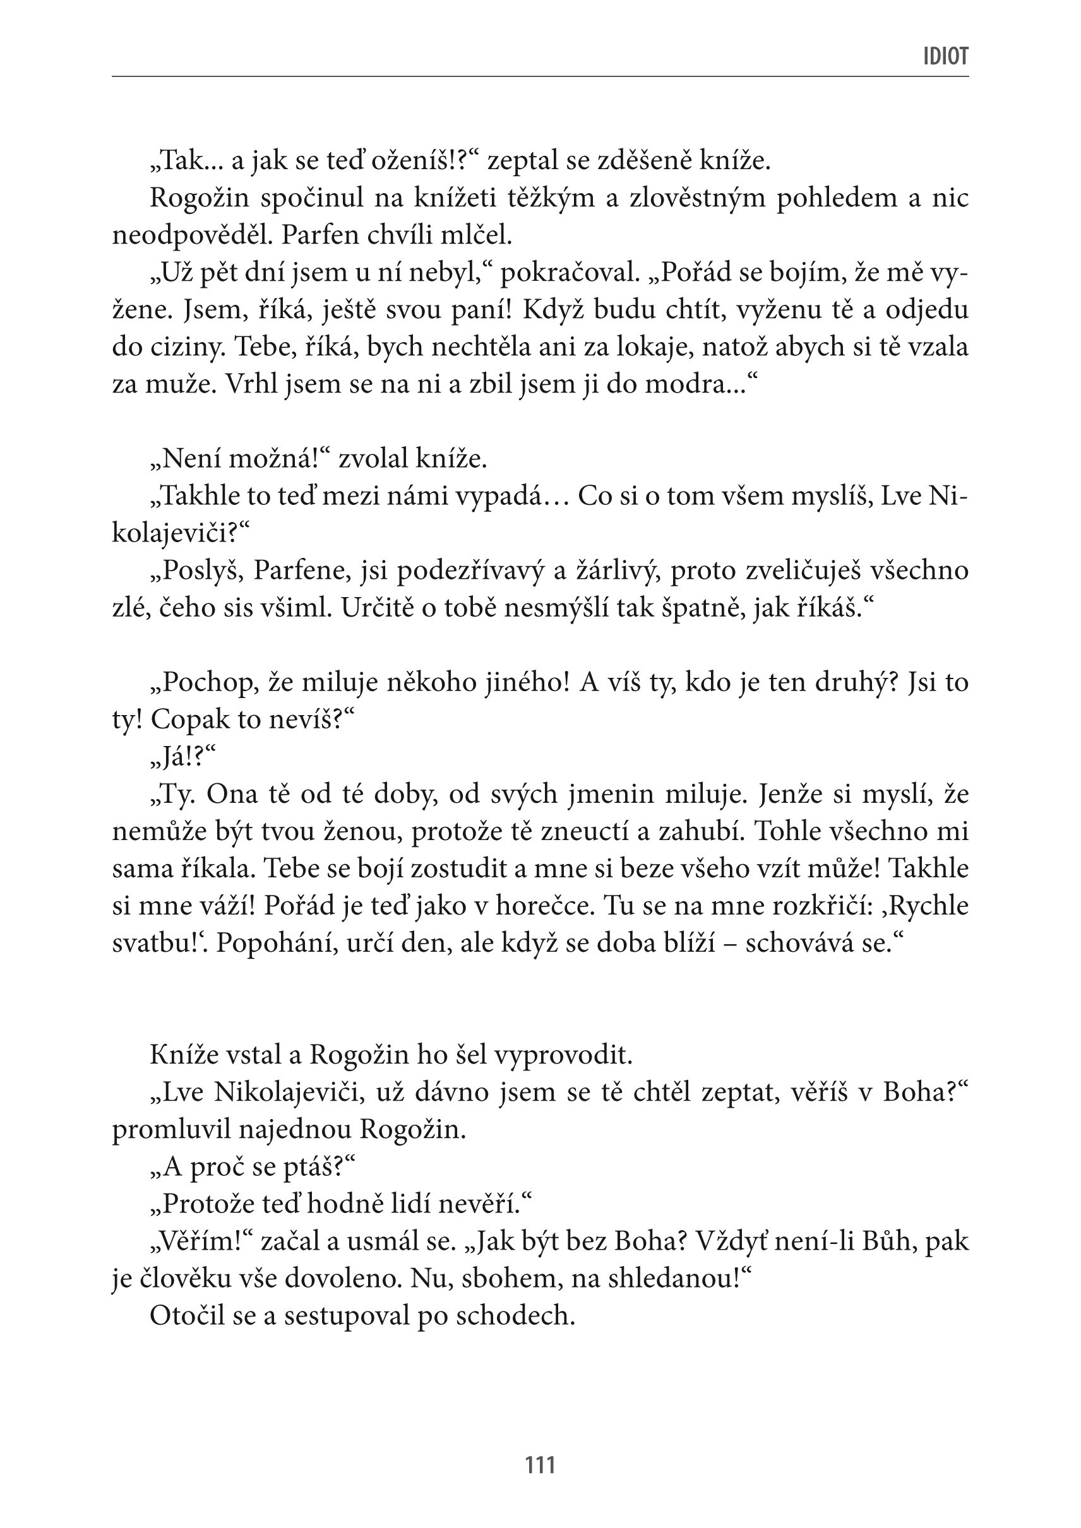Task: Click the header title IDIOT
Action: point(945,57)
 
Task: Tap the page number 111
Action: point(540,1465)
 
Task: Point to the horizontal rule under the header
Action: point(540,76)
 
